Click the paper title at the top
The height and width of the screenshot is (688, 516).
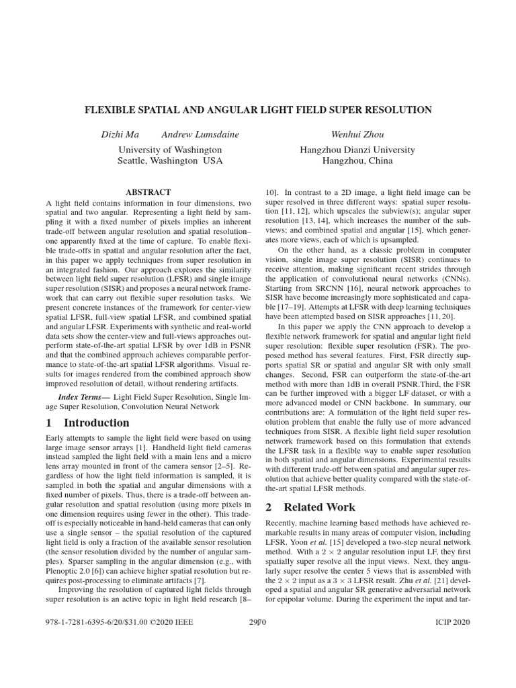click(258, 110)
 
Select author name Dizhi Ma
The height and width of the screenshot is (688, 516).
click(120, 135)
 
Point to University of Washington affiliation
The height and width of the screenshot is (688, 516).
click(170, 149)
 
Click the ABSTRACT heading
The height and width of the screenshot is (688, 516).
click(148, 191)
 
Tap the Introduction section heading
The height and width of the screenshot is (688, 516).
click(96, 423)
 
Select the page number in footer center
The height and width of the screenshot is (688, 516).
click(258, 623)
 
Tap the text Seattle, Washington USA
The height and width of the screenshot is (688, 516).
click(170, 161)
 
